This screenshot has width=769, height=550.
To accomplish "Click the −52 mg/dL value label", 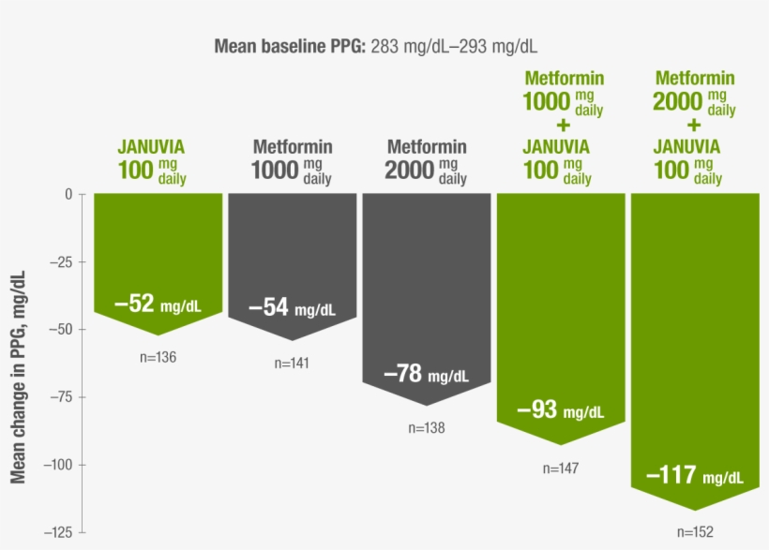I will click(158, 304).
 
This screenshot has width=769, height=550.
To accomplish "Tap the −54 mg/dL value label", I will click(292, 307).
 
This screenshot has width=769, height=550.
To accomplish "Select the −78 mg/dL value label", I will click(426, 375).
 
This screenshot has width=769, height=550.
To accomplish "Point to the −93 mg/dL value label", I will click(561, 410).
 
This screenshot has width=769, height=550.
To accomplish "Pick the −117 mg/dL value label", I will click(694, 476).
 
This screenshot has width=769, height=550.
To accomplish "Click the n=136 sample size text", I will click(158, 357).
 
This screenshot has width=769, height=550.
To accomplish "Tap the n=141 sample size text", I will click(292, 364).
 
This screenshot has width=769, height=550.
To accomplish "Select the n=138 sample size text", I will click(426, 427).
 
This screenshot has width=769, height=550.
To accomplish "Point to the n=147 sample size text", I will click(561, 468).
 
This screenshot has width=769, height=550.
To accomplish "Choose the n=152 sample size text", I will click(695, 531).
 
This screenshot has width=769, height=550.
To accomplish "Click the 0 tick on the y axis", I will click(68, 194).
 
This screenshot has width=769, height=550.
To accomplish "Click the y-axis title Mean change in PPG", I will click(18, 375).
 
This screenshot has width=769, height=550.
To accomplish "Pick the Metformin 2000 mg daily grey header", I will click(427, 161).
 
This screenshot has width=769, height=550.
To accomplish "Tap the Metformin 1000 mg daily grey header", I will click(292, 161).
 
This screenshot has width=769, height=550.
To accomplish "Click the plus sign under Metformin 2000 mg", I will click(694, 124).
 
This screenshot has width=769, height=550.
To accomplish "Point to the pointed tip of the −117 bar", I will click(695, 511).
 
